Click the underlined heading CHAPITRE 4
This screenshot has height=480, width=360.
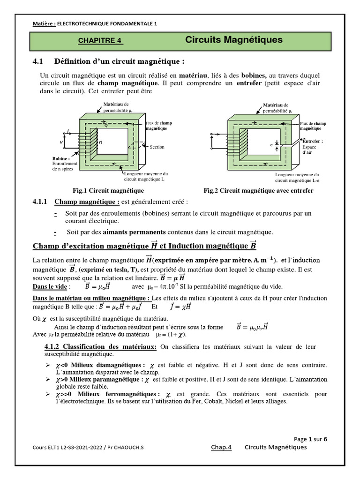pos(100,41)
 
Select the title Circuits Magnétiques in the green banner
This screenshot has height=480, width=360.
pos(234,40)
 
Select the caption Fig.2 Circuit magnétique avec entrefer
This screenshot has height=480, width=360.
pos(258,191)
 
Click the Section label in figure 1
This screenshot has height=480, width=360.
pos(157,147)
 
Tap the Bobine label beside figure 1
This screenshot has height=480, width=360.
pos(61,159)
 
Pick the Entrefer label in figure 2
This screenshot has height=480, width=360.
pos(313,141)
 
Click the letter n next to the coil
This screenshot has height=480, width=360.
pos(100,141)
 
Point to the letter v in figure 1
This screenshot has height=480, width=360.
pos(61,141)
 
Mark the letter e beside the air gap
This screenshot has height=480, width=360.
pos(271,145)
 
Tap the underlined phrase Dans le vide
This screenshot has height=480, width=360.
pos(50,286)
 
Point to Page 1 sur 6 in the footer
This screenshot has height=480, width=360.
pos(310,439)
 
